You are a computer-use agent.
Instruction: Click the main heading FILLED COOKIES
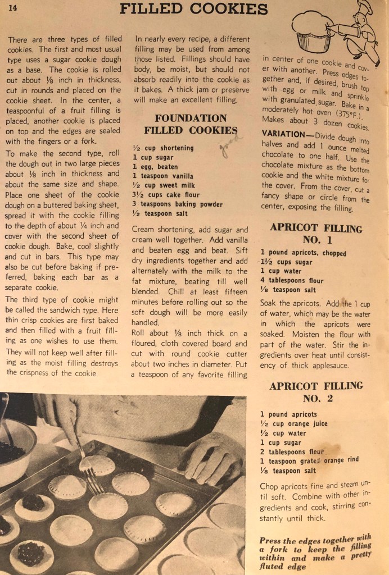click(x=194, y=8)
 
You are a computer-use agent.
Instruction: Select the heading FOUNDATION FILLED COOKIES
click(x=191, y=124)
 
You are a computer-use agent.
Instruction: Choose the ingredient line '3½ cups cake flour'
click(x=163, y=195)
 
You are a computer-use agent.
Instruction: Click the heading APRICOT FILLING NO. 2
click(x=315, y=392)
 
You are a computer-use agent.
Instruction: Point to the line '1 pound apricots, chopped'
click(x=303, y=253)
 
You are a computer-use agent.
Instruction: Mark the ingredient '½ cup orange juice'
click(x=293, y=424)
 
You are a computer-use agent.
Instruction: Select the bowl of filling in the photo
click(x=14, y=444)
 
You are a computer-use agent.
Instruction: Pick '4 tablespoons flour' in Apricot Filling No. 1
click(x=293, y=281)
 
